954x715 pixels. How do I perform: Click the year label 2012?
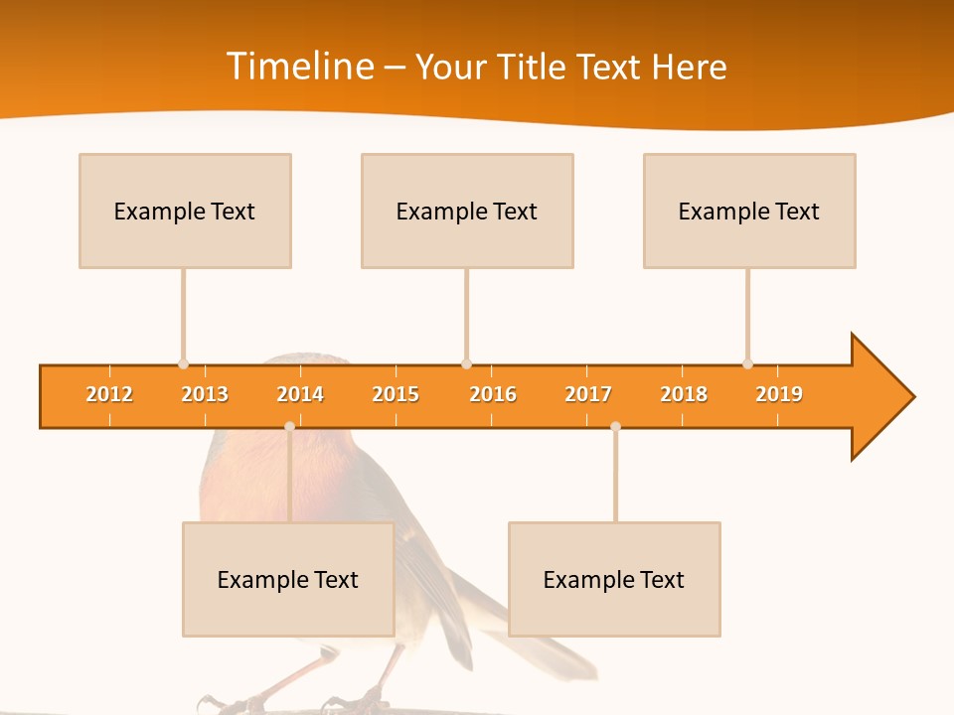[x=109, y=394]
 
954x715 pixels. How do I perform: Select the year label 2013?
[x=205, y=394]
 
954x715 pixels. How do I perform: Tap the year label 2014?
[x=300, y=394]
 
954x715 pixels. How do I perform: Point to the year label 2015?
[x=396, y=394]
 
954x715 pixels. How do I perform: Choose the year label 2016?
[x=493, y=394]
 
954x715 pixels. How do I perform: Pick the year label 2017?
[x=588, y=394]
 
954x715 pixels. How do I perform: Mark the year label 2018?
[x=684, y=394]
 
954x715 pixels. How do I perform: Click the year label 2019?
[x=779, y=394]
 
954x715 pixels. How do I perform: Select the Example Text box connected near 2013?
[x=185, y=211]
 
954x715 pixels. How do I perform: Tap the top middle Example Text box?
[x=467, y=211]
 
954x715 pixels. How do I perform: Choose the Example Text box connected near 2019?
[x=749, y=211]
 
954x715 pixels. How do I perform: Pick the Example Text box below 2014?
[x=288, y=579]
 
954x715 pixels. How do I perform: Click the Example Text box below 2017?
[x=614, y=579]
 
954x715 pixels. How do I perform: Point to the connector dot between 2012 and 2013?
[x=183, y=364]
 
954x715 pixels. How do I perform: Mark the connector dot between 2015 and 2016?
[x=466, y=364]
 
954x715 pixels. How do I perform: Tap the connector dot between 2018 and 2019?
[x=747, y=364]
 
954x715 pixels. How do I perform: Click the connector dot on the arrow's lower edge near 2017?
[x=615, y=426]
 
